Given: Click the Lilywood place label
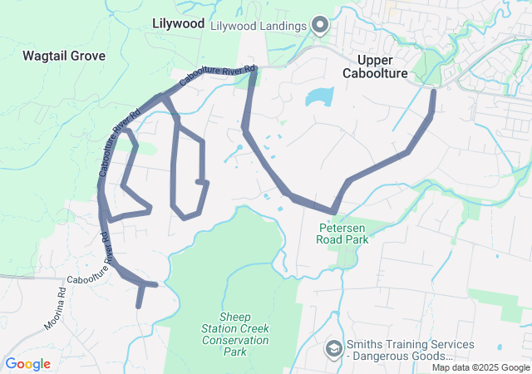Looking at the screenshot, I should click(x=179, y=24).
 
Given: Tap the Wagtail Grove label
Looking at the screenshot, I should click(x=64, y=56).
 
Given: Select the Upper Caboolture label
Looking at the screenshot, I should click(x=377, y=66).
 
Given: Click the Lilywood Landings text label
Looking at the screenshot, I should click(x=259, y=26).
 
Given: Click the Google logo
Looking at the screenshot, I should click(x=27, y=364).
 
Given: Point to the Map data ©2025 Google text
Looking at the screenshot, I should click(x=480, y=368).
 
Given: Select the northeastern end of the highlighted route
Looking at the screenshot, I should click(x=433, y=91).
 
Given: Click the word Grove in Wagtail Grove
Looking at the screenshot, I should click(x=88, y=56).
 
